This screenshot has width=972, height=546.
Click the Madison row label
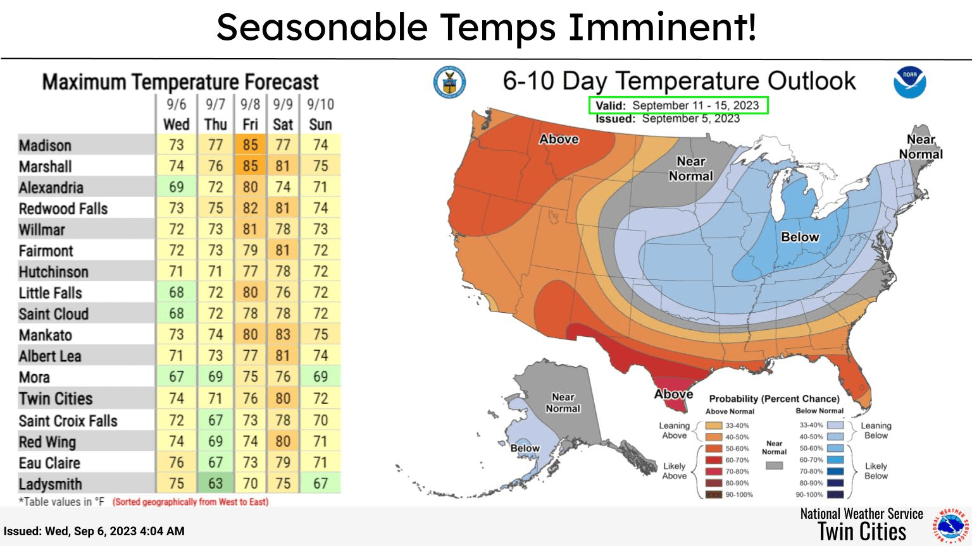pos(45,145)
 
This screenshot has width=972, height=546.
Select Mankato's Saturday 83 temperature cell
pos(283,334)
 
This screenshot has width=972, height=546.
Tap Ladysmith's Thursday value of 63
pos(216,483)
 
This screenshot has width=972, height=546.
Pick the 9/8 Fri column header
pos(250,114)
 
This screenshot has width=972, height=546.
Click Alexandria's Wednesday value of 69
pos(176,187)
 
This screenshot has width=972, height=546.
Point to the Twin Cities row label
pos(56,399)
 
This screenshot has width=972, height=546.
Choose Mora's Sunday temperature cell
pos(321,377)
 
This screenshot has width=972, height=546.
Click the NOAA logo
pos(909,82)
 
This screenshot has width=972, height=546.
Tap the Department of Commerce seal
pos(449,82)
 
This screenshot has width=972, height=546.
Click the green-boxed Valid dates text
pos(678,106)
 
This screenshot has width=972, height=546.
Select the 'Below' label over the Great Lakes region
pos(800,237)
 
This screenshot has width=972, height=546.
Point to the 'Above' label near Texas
pos(673,394)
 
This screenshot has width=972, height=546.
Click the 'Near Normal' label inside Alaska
pos(563,403)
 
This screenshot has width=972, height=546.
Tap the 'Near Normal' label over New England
pos(921,147)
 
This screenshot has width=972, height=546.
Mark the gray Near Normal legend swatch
pos(774,466)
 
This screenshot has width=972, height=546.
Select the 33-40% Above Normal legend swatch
pos(714,426)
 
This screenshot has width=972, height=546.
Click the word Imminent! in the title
pos(661,27)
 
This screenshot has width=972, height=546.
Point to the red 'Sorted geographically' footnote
pos(190,502)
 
